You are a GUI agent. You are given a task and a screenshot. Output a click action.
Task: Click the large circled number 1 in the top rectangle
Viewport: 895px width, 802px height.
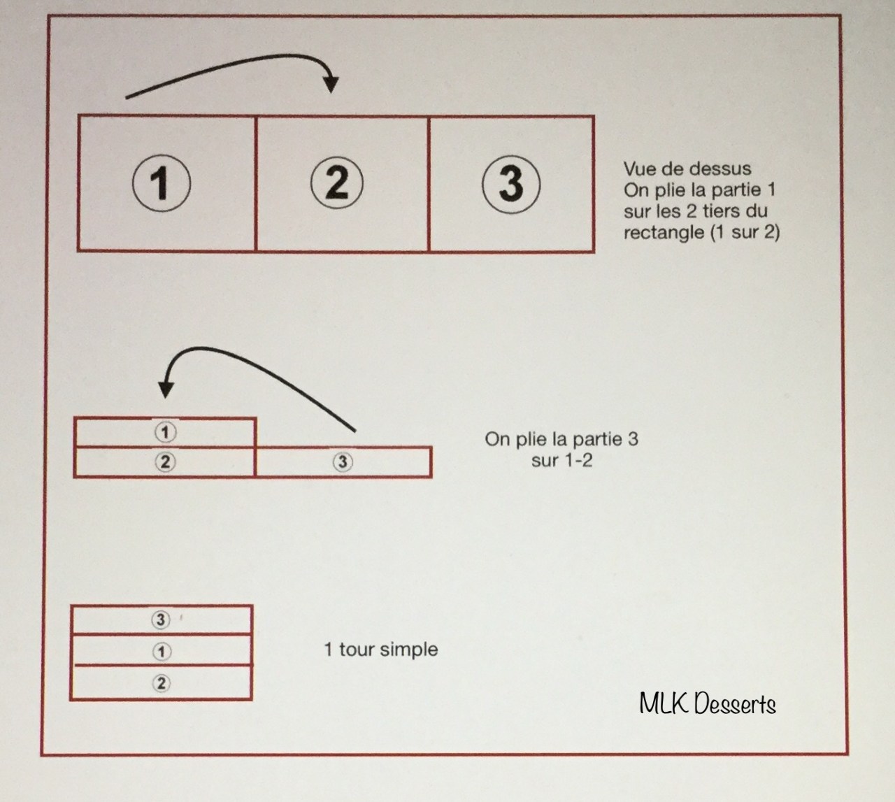coord(162,183)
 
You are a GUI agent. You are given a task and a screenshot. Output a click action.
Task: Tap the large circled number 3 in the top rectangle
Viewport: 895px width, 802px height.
coord(511,184)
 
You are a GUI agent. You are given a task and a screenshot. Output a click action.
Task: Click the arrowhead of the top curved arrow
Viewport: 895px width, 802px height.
coord(331,85)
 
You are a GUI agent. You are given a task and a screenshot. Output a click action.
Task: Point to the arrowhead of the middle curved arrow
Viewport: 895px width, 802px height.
coord(166,389)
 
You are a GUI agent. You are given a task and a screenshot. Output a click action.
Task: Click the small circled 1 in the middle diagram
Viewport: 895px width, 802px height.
coord(166,431)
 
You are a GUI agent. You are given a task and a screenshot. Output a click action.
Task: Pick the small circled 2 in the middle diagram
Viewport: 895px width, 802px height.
coord(165,461)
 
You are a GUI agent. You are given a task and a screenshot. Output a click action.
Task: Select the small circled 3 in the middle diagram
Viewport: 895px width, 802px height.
coord(343,461)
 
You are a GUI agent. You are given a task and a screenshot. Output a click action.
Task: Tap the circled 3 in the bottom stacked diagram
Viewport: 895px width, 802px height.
coord(161,620)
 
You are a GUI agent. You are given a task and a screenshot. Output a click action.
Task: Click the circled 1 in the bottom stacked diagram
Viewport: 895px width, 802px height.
coord(162,652)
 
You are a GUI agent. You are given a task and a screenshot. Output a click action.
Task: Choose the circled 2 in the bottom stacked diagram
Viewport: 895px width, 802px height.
coord(162,683)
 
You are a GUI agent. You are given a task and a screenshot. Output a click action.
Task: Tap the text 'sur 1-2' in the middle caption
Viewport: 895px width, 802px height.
coord(562,460)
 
